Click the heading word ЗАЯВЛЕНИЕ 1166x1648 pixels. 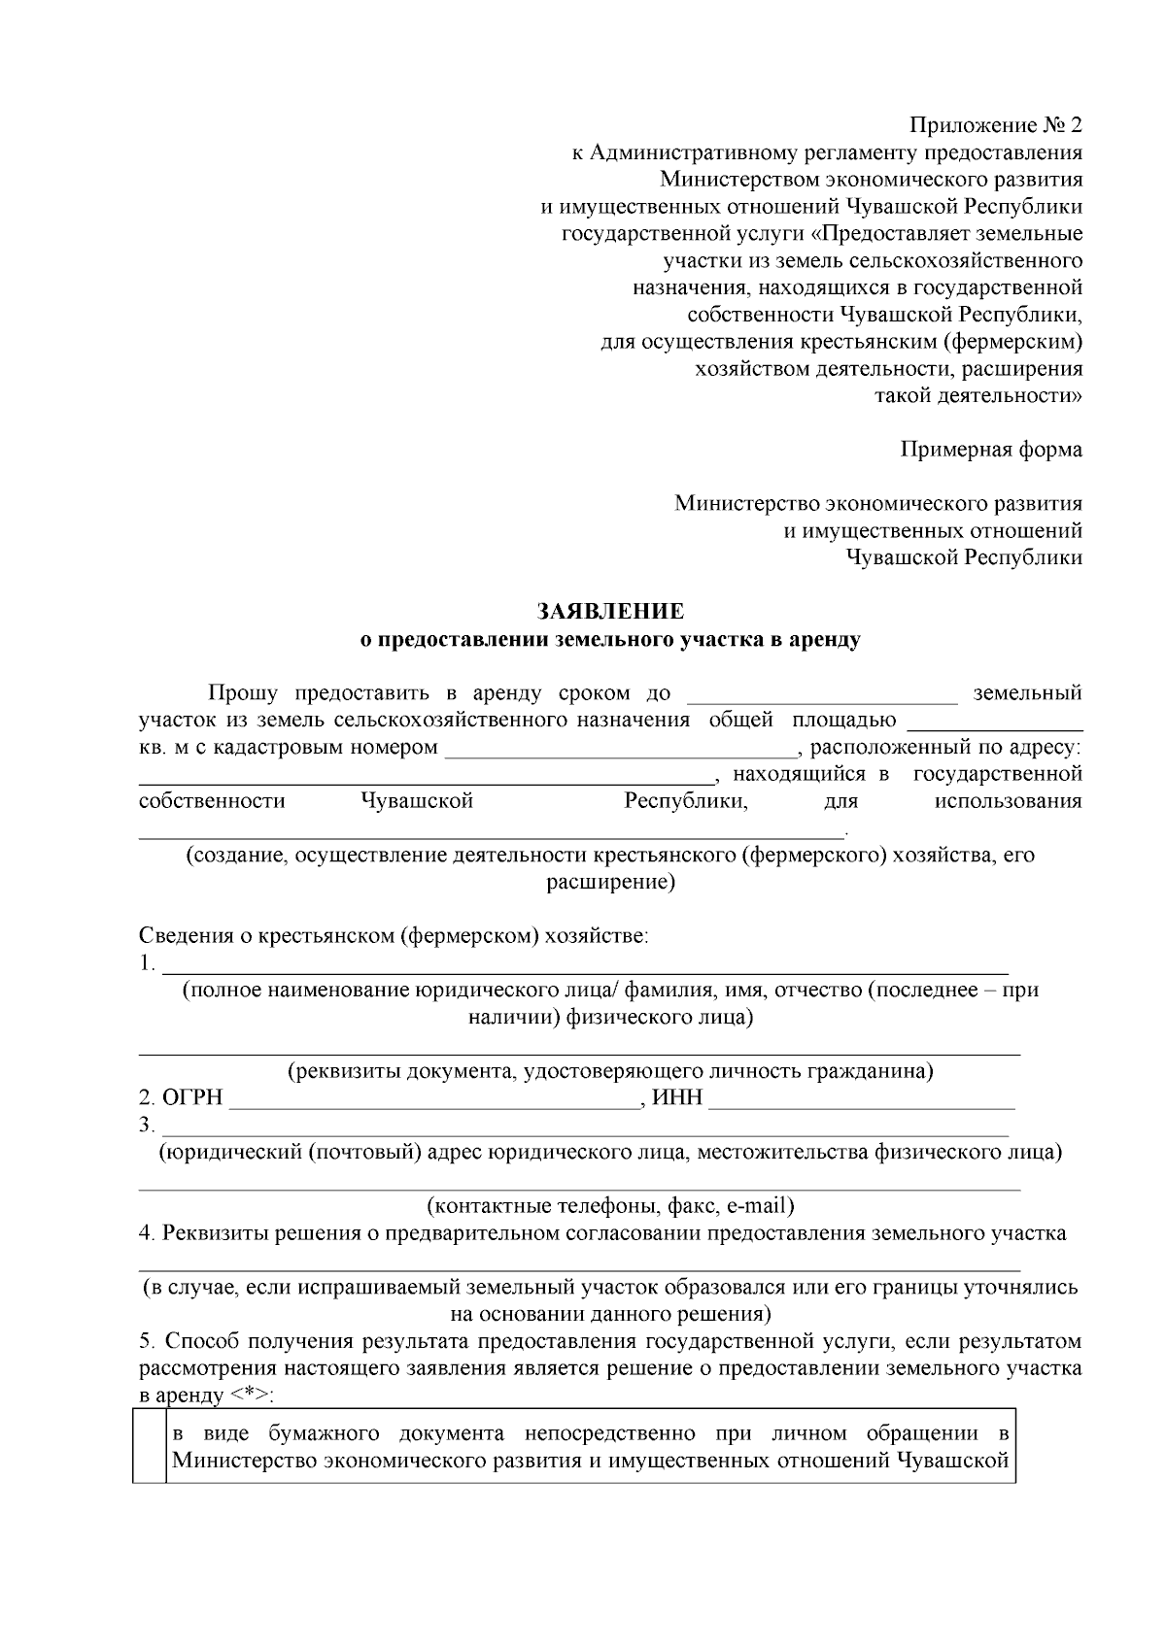[x=610, y=612]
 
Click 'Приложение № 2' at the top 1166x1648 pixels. [x=995, y=125]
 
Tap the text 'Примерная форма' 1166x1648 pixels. [x=990, y=450]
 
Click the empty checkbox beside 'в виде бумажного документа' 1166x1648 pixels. [x=150, y=1445]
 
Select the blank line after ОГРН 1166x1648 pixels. [x=432, y=1100]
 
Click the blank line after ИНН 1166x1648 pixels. [x=861, y=1100]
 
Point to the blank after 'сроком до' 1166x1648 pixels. [x=822, y=694]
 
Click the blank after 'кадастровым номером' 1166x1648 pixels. [x=620, y=749]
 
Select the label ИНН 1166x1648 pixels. [x=677, y=1098]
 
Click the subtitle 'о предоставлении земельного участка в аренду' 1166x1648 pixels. [x=610, y=640]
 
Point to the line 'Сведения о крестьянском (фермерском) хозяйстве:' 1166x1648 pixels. [x=393, y=936]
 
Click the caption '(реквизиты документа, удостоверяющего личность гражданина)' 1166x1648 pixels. [x=610, y=1071]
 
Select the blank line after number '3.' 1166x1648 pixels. [x=583, y=1128]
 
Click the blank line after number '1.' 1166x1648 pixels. [x=583, y=966]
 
